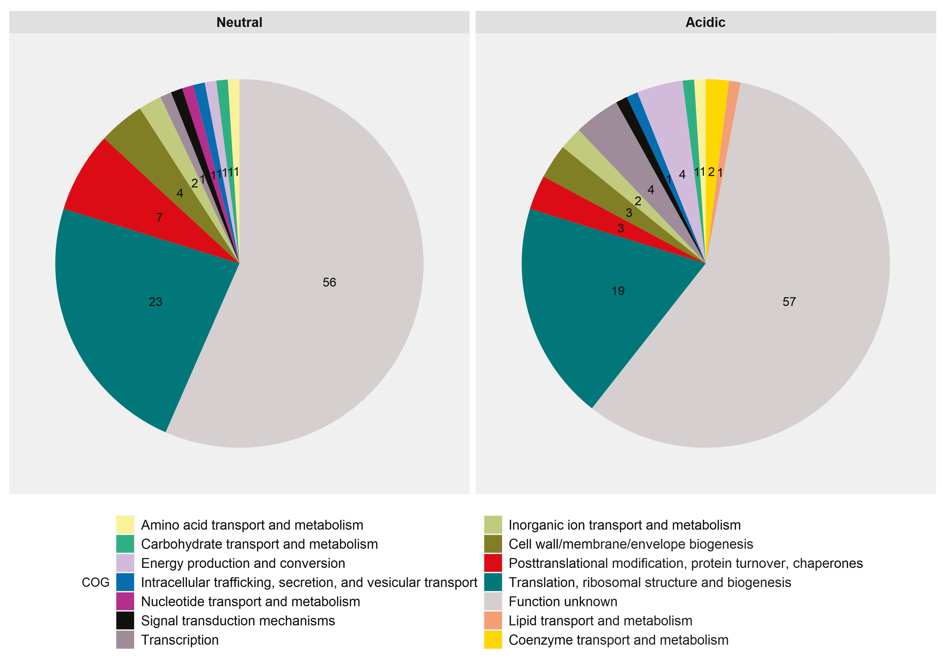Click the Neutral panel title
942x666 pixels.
239,22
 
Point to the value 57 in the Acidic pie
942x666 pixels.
789,302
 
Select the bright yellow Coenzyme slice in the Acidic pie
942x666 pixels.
714,123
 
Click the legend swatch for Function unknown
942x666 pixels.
493,601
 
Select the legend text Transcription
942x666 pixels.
180,640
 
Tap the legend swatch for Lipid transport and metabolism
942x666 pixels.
493,620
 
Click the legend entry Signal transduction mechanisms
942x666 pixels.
238,620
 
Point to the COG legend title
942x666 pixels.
96,582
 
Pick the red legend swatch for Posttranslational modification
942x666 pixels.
493,563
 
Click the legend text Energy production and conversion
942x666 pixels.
243,563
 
